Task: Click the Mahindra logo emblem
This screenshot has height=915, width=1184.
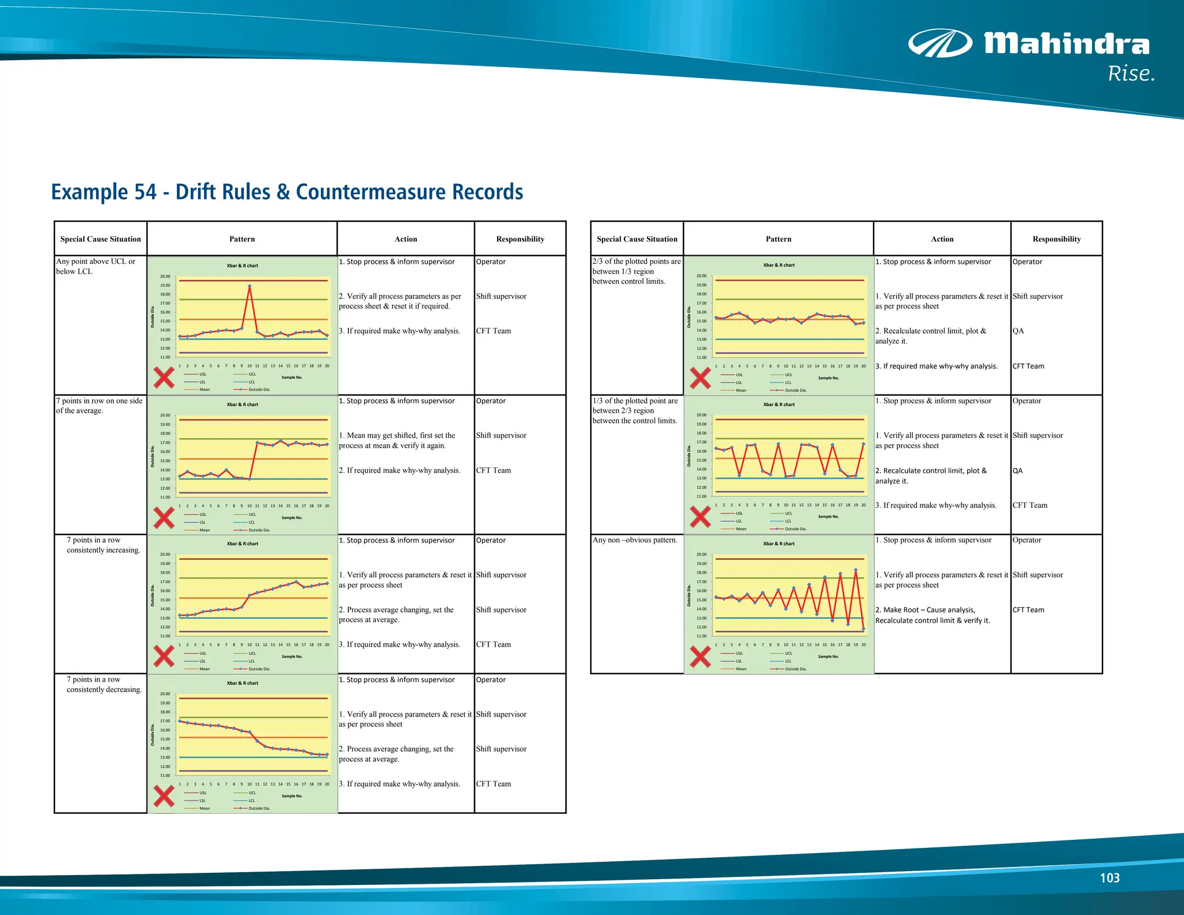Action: click(939, 43)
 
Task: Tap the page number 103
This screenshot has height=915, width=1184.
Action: click(1109, 878)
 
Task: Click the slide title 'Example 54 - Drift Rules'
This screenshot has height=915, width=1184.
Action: click(287, 192)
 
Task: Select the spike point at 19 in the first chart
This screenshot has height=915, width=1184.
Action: click(250, 286)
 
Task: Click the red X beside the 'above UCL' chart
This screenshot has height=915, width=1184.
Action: click(164, 378)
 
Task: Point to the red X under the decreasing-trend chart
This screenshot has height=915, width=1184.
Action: click(164, 796)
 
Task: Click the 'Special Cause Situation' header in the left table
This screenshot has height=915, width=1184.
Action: click(101, 239)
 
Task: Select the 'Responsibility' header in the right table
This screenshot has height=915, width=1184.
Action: click(1056, 239)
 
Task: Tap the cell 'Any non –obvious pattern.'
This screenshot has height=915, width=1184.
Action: click(635, 540)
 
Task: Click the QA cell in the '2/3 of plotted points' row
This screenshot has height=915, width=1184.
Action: click(1018, 331)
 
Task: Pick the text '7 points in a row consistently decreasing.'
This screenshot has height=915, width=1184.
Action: click(103, 684)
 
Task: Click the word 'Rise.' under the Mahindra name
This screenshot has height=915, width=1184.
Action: click(1131, 74)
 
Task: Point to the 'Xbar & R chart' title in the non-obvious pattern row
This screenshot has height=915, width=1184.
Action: click(779, 544)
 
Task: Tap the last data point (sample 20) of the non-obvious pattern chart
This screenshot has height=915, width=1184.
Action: click(864, 629)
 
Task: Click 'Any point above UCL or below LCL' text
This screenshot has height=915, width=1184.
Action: click(96, 266)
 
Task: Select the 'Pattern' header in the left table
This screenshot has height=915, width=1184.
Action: click(242, 239)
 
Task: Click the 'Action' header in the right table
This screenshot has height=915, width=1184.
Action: click(942, 239)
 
